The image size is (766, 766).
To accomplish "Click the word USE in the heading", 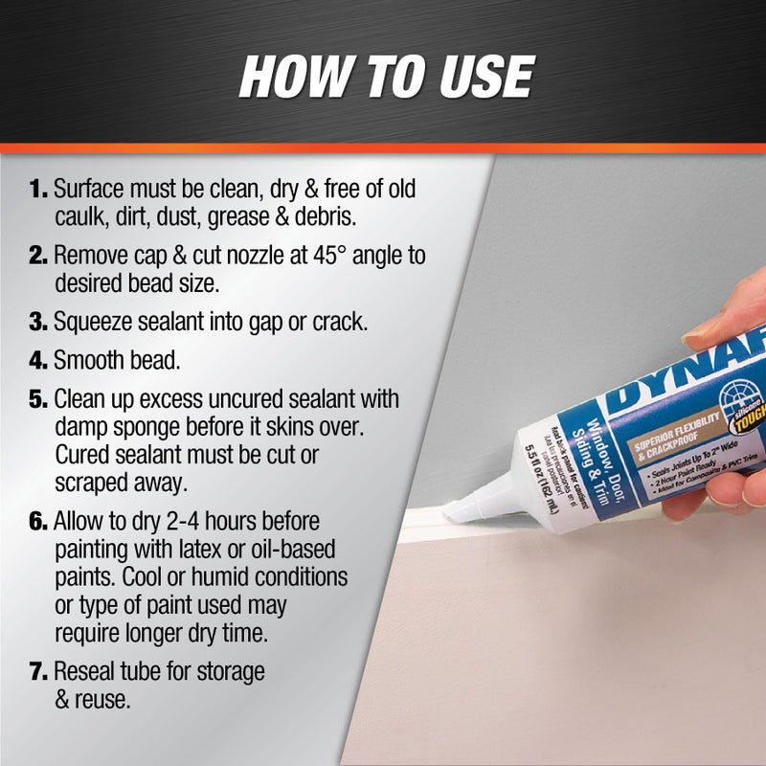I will click(x=471, y=76).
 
